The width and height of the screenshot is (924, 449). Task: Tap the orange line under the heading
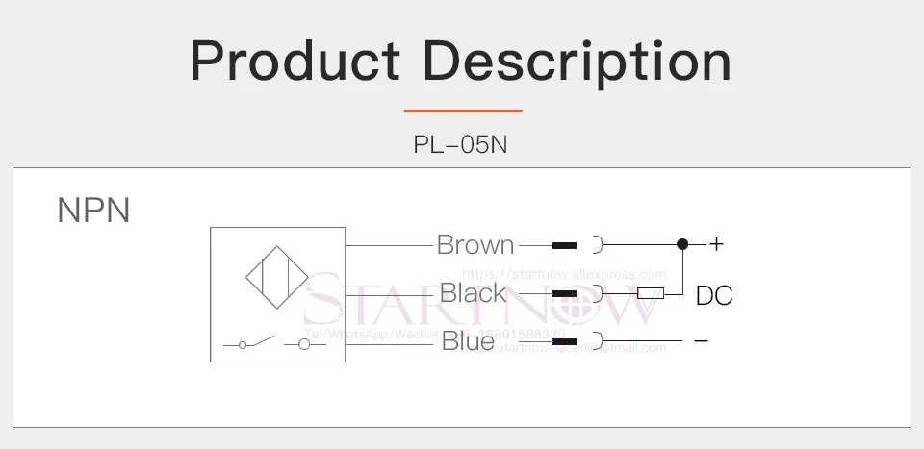[462, 111]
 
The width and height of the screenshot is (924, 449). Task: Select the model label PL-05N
[460, 145]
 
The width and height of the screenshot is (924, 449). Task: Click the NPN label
[93, 211]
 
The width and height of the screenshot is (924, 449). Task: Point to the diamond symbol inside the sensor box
[277, 279]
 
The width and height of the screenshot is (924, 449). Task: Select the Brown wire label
[475, 245]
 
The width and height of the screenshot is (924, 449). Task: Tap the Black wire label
[473, 293]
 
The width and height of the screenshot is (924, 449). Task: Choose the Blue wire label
[468, 341]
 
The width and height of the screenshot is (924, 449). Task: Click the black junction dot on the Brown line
[682, 244]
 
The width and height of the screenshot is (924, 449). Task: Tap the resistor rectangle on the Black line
[651, 293]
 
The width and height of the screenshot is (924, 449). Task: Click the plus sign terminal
[716, 245]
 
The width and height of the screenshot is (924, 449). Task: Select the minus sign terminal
[701, 341]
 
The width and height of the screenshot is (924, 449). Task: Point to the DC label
[714, 296]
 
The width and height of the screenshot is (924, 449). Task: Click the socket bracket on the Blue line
[598, 341]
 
